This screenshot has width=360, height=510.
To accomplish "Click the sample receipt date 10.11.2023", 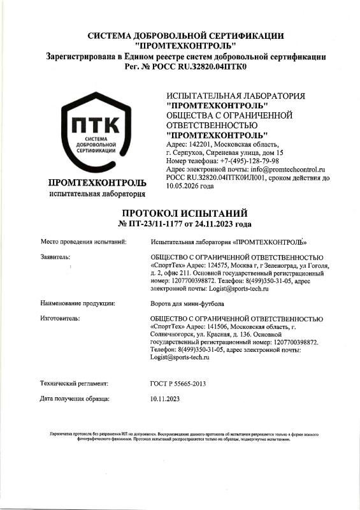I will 165,398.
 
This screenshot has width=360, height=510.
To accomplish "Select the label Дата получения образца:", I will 75,398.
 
